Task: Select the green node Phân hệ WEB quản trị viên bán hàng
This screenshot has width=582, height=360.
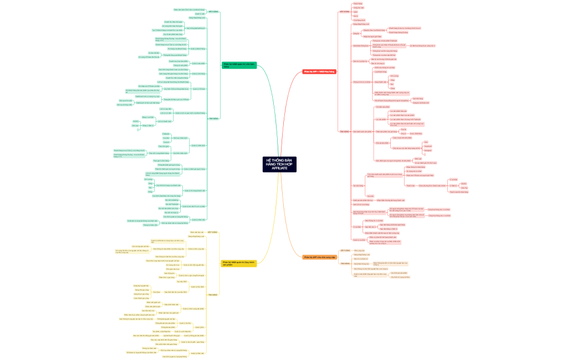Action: point(239,65)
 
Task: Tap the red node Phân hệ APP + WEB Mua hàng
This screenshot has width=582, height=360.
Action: point(319,71)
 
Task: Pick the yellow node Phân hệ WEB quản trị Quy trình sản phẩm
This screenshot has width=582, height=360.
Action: point(239,263)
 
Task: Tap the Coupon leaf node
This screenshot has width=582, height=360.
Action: point(166,142)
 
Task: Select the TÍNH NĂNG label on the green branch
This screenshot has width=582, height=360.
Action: point(213,119)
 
